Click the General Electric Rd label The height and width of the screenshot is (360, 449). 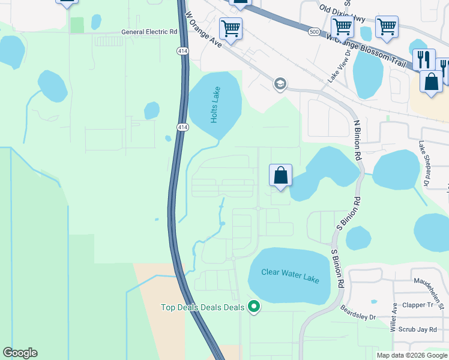pos(149,31)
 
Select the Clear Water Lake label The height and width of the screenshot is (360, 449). pos(291,276)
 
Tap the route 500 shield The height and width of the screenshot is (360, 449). pos(313,31)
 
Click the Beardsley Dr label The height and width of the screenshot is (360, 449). pos(358,313)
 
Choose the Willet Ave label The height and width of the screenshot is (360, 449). pos(394,317)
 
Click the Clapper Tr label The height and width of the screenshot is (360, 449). pos(418,305)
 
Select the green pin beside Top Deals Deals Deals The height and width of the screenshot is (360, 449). pos(254,307)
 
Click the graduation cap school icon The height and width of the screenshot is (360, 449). pos(280,83)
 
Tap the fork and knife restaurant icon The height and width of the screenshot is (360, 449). pos(423,59)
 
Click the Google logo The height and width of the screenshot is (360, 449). pos(20,353)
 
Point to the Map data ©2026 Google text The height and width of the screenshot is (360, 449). pos(412,355)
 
